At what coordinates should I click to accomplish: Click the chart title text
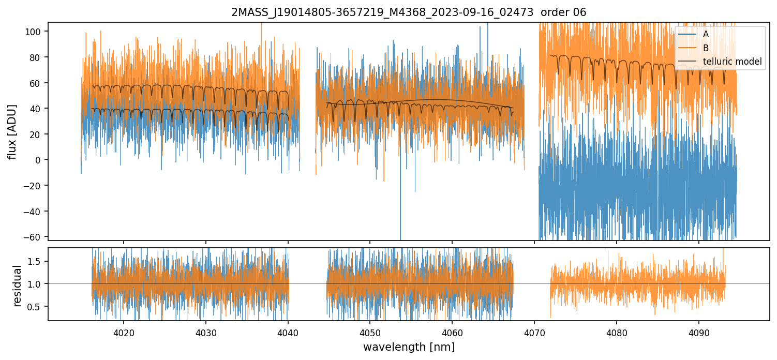pos(409,12)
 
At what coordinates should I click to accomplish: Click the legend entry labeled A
pos(706,34)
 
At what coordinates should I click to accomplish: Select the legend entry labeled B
pos(706,48)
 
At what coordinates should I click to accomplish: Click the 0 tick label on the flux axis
pos(38,160)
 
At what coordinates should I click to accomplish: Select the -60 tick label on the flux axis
pos(34,237)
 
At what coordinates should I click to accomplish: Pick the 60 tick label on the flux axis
pos(36,83)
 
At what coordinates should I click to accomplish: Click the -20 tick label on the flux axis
pos(34,186)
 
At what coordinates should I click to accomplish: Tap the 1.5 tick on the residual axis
pos(35,261)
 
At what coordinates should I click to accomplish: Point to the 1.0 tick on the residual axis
pos(35,284)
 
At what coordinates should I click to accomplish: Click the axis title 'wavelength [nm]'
pos(409,347)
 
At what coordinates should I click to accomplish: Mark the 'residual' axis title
pos(18,286)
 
